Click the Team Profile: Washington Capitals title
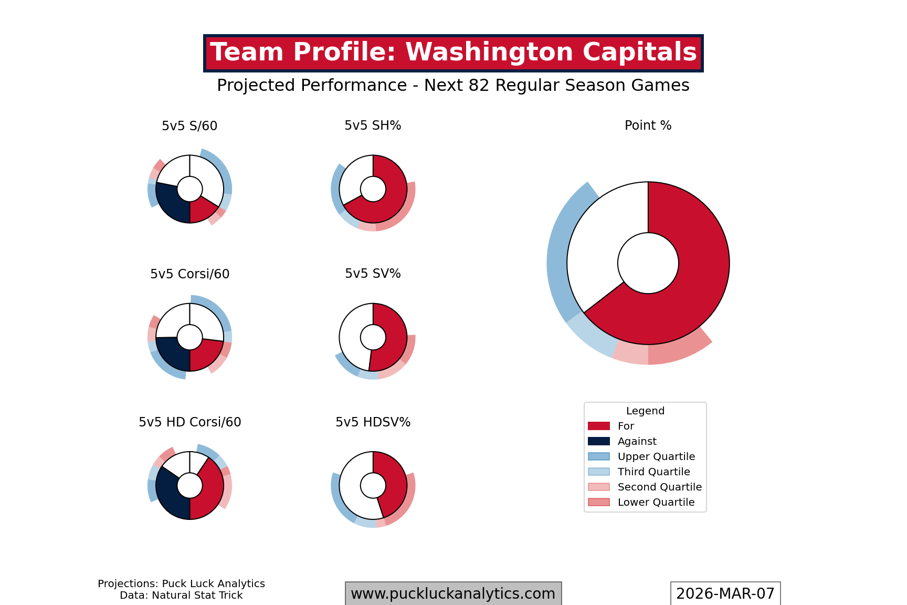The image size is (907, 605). (453, 53)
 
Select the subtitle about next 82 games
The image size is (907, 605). (453, 85)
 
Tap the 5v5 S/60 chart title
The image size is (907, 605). (189, 126)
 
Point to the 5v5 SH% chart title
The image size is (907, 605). (373, 126)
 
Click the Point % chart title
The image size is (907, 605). (648, 126)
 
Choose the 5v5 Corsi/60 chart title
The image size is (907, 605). (189, 274)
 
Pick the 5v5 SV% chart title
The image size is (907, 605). (373, 274)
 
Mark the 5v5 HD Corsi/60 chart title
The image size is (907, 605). (189, 422)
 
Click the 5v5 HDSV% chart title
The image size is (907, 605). (373, 422)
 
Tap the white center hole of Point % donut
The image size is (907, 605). (648, 263)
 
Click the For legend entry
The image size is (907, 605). (626, 426)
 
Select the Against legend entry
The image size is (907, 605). (637, 441)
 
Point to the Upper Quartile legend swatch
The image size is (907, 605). (599, 456)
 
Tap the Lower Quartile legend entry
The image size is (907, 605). (656, 502)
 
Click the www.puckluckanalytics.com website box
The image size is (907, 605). (453, 593)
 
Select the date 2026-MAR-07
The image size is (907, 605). (725, 593)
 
